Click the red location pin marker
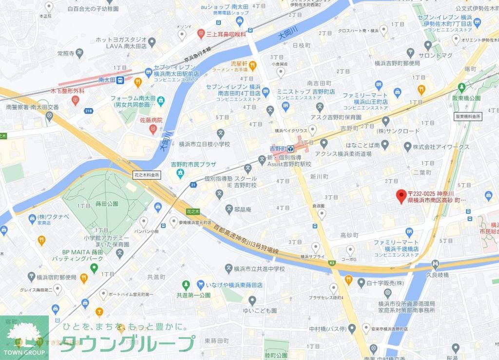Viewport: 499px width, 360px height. tap(401, 196)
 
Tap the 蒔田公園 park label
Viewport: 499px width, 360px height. tap(107, 204)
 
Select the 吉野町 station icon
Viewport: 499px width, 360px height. tap(290, 149)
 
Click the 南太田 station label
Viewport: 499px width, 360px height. tap(106, 79)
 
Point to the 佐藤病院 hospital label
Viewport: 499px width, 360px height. tap(151, 120)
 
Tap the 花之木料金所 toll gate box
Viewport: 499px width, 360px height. tap(146, 174)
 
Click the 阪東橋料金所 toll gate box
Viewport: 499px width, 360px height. tap(468, 116)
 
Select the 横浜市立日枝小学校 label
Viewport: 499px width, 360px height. tap(204, 144)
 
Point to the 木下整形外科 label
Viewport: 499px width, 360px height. tap(68, 91)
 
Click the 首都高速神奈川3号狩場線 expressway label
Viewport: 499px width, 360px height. tap(246, 238)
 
